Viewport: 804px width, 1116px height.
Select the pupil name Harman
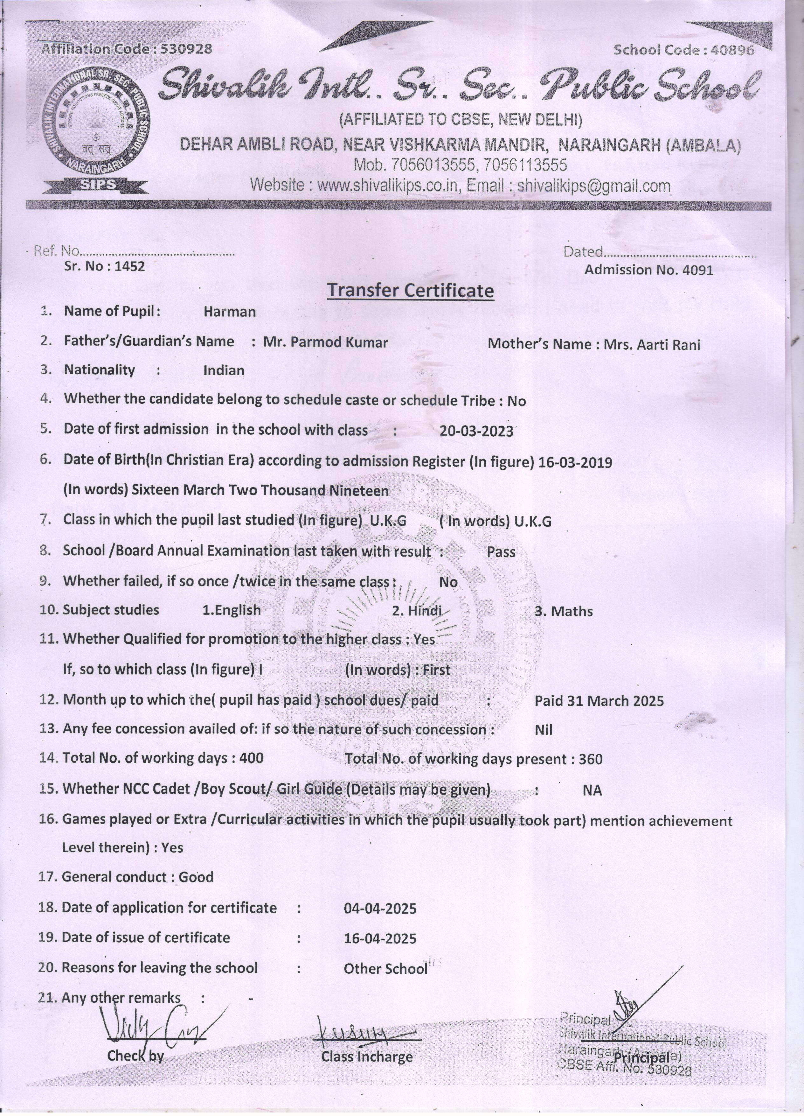pyautogui.click(x=230, y=312)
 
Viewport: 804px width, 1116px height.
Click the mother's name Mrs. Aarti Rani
pyautogui.click(x=652, y=344)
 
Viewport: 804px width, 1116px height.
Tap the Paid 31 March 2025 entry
pyautogui.click(x=599, y=701)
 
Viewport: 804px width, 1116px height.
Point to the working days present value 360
pyautogui.click(x=591, y=759)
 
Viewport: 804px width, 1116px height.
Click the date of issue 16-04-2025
pyautogui.click(x=380, y=938)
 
